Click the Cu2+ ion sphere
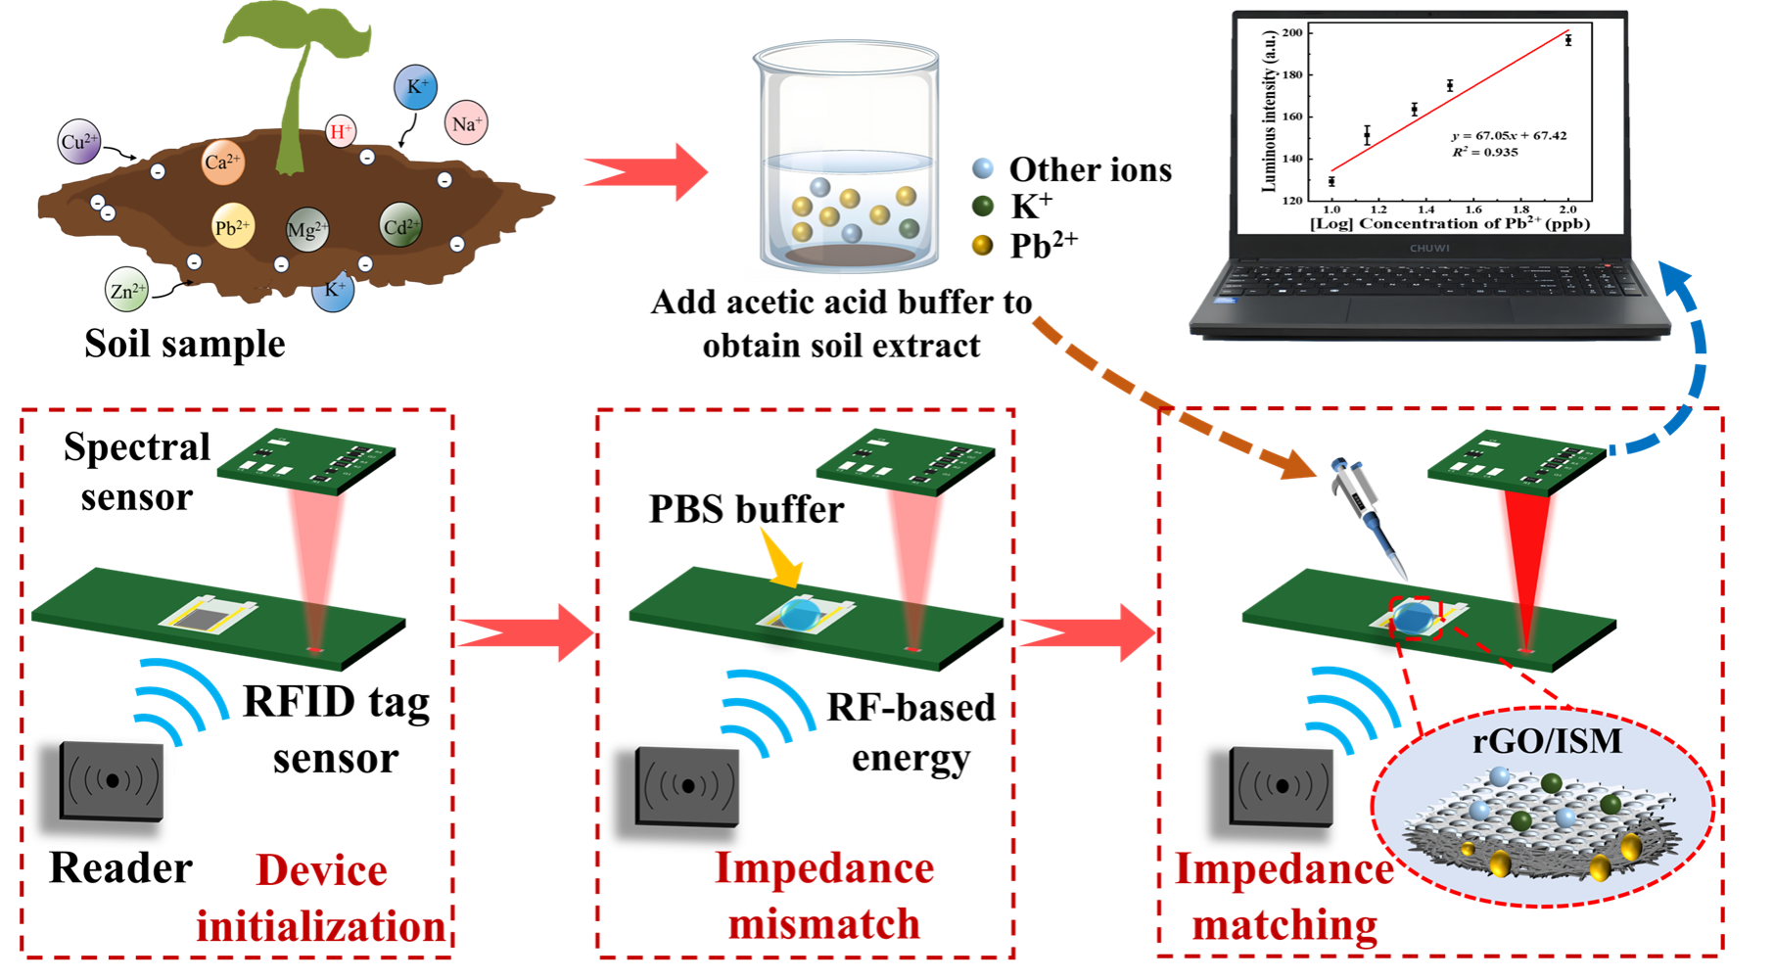coord(79,142)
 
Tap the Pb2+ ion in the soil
coord(232,227)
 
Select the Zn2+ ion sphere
coord(127,290)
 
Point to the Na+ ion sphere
coord(466,123)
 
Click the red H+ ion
coord(340,131)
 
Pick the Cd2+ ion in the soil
coord(400,227)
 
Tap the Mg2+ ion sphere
coord(306,230)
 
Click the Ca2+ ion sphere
coord(222,162)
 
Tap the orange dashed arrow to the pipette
coord(1175,401)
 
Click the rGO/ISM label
coord(1547,741)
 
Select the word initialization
coord(321,926)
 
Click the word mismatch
coord(824,923)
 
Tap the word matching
coord(1284,924)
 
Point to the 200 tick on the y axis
coord(1292,32)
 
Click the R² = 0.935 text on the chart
coord(1485,152)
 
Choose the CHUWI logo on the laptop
coord(1429,248)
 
